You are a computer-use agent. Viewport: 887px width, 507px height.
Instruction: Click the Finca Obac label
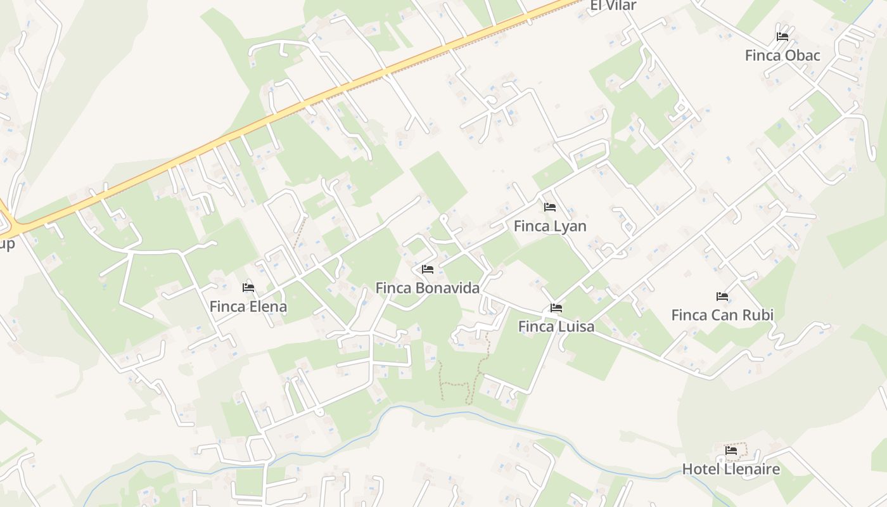(782, 56)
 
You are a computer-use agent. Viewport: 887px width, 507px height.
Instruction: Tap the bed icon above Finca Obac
(782, 37)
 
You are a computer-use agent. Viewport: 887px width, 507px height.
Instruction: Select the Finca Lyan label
(550, 226)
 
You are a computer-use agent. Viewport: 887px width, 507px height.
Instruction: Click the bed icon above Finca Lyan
(550, 207)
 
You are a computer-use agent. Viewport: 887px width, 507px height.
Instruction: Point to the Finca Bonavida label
(428, 288)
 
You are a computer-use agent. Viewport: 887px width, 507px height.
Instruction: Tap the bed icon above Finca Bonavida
(428, 269)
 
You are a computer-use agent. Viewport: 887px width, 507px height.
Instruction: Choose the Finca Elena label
(248, 307)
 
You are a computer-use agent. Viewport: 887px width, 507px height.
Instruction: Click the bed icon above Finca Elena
(248, 288)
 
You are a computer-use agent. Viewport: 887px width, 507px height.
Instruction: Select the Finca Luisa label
(556, 327)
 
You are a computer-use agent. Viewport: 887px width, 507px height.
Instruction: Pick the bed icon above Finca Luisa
(556, 309)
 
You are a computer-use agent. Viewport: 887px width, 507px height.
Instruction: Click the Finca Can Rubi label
(722, 315)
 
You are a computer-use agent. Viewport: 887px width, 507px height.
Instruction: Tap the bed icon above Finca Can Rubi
(722, 297)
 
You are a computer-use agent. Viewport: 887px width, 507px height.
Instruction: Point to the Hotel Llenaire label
(731, 470)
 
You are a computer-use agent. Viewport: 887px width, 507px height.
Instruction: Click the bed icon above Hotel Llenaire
(731, 451)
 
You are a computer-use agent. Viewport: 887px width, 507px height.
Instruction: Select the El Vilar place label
(613, 6)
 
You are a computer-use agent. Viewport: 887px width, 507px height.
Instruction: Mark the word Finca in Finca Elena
(227, 307)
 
